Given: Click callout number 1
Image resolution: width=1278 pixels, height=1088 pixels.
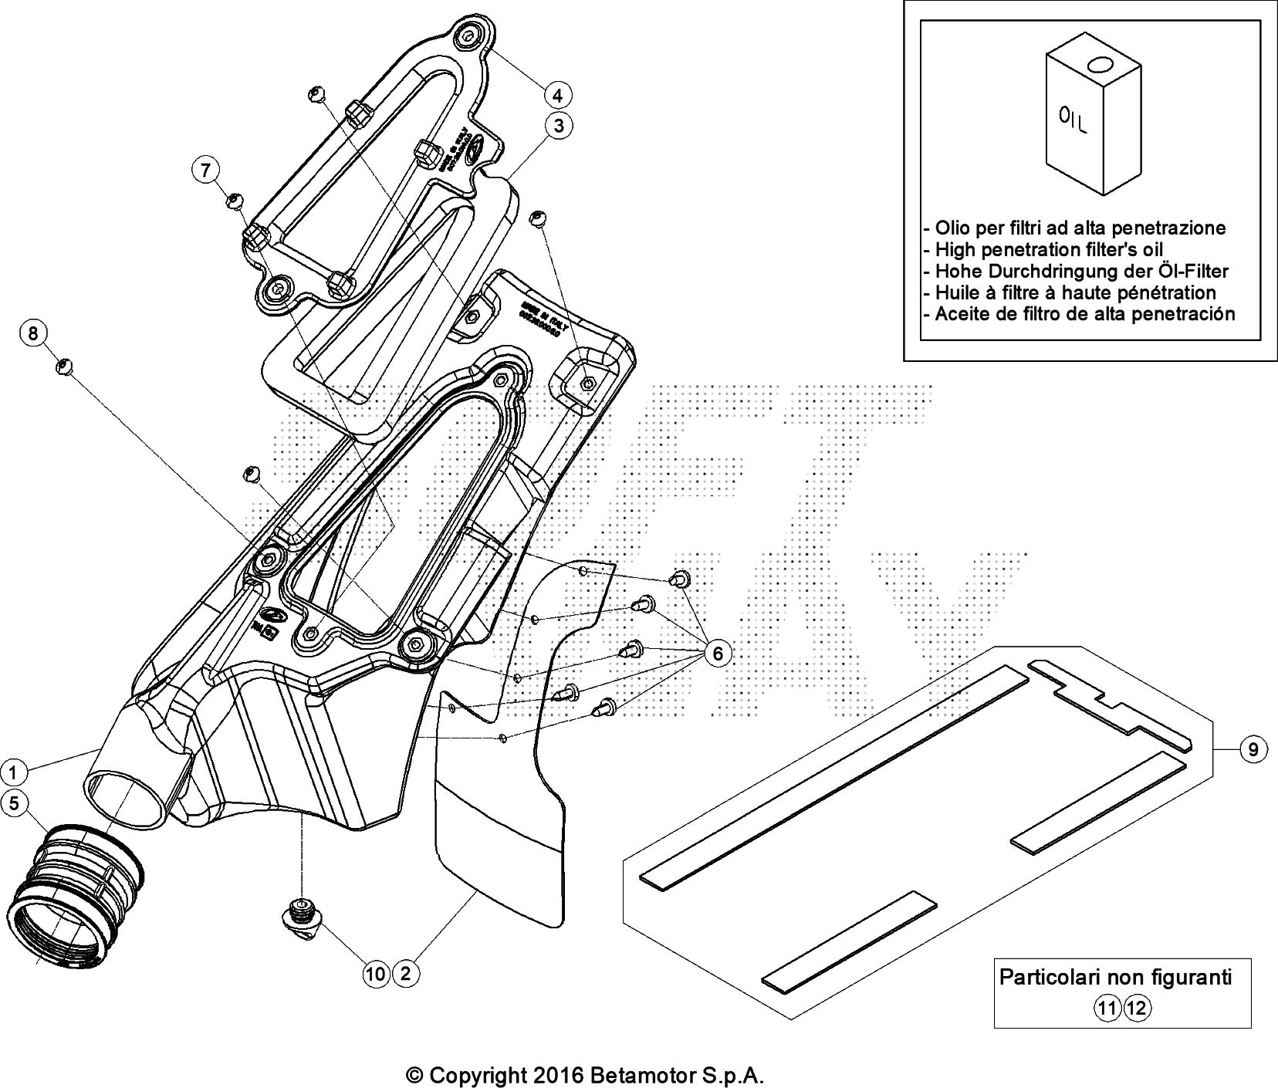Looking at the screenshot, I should (x=13, y=771).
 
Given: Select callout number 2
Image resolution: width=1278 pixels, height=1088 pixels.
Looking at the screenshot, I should (x=406, y=973).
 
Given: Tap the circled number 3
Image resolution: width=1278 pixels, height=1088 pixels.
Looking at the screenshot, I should (x=558, y=125).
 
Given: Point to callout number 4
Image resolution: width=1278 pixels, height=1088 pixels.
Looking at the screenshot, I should (x=557, y=95).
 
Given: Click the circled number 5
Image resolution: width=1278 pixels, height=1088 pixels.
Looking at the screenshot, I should (x=14, y=803).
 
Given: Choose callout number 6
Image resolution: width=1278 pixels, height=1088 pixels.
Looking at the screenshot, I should (x=717, y=654).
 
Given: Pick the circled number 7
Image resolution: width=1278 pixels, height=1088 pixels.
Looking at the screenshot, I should (x=205, y=170).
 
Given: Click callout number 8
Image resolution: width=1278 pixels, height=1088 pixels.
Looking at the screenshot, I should (x=32, y=333).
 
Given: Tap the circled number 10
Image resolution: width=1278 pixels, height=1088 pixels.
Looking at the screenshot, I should (x=376, y=974).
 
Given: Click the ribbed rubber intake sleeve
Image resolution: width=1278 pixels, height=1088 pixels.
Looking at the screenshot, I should (x=77, y=891).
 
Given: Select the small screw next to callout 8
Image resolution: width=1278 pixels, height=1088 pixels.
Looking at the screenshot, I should (x=65, y=365).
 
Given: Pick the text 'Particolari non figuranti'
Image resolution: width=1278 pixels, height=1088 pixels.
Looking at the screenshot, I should (x=1115, y=977).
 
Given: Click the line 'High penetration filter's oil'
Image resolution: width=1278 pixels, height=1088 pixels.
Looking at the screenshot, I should (x=1049, y=249).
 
